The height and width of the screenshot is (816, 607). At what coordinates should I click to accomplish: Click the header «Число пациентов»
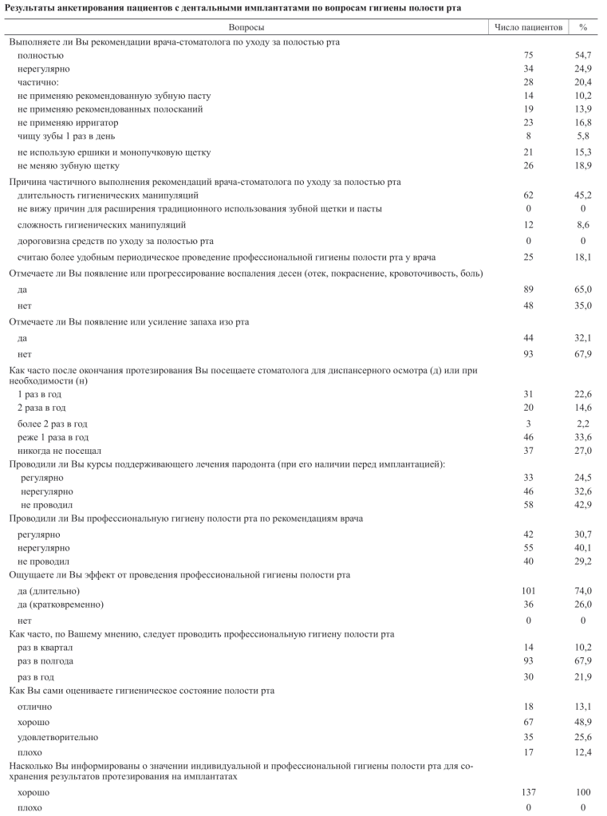[528, 27]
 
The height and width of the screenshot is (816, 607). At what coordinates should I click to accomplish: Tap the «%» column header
[584, 27]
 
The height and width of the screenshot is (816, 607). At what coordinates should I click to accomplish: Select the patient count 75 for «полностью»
[528, 55]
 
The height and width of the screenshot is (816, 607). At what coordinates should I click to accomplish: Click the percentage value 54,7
[584, 55]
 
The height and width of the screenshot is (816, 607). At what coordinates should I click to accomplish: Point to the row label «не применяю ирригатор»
[68, 122]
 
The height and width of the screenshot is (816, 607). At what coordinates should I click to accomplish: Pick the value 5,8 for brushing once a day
[584, 136]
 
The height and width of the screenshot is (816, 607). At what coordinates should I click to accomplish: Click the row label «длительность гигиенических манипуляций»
[108, 195]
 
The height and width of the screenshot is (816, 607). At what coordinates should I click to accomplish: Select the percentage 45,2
[584, 195]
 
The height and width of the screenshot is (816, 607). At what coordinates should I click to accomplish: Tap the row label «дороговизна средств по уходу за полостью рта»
[116, 241]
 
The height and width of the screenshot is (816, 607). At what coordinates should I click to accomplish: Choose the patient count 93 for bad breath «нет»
[528, 353]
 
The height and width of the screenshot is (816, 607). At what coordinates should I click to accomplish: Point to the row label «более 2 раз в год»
[53, 423]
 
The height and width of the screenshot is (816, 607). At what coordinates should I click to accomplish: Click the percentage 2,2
[584, 423]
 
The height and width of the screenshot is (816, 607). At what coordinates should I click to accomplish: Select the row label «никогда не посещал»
[59, 450]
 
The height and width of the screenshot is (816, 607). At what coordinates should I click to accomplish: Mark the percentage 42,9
[584, 505]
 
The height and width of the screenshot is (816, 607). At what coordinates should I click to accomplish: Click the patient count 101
[528, 590]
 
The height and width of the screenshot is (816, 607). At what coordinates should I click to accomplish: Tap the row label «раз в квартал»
[50, 648]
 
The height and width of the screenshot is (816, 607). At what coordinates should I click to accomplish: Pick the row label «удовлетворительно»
[58, 737]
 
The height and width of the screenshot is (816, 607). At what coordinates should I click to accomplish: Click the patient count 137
[528, 793]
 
